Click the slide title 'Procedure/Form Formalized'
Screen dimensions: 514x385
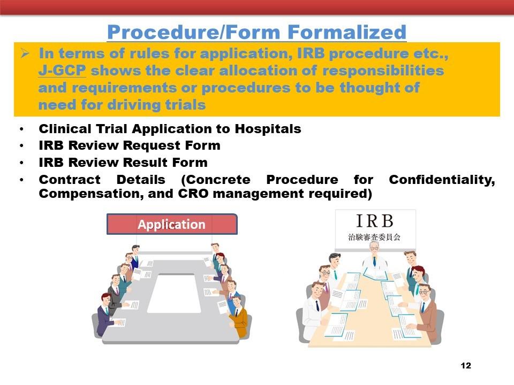[256, 32]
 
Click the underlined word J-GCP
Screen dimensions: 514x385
[62, 71]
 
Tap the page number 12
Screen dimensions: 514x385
[465, 366]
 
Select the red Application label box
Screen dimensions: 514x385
[172, 224]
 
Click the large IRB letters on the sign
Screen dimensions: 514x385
[374, 221]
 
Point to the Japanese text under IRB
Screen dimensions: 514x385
[374, 237]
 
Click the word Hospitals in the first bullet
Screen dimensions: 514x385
[268, 129]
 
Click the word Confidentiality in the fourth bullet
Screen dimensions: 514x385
[442, 180]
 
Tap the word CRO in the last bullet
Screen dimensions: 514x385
[193, 194]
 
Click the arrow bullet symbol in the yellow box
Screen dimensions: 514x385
[25, 53]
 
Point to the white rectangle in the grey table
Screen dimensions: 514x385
[174, 294]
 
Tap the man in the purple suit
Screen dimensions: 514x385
[105, 314]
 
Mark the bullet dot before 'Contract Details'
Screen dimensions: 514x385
[21, 180]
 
